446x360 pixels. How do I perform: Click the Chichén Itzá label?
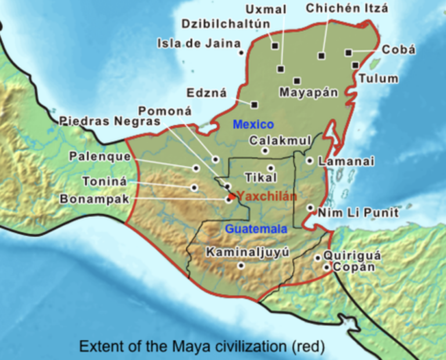(347, 8)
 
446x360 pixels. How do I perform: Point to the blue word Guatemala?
(257, 229)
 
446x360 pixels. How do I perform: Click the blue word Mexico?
(253, 124)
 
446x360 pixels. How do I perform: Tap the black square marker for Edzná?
(254, 105)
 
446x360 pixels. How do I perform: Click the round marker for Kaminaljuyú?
(241, 265)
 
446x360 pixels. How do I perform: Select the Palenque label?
(95, 156)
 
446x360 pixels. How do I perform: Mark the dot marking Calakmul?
(265, 151)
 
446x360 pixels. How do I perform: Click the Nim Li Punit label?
(358, 213)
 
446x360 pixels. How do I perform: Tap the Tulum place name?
(378, 78)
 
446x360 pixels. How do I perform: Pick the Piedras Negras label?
(109, 121)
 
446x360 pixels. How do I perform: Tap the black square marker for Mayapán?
(297, 81)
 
